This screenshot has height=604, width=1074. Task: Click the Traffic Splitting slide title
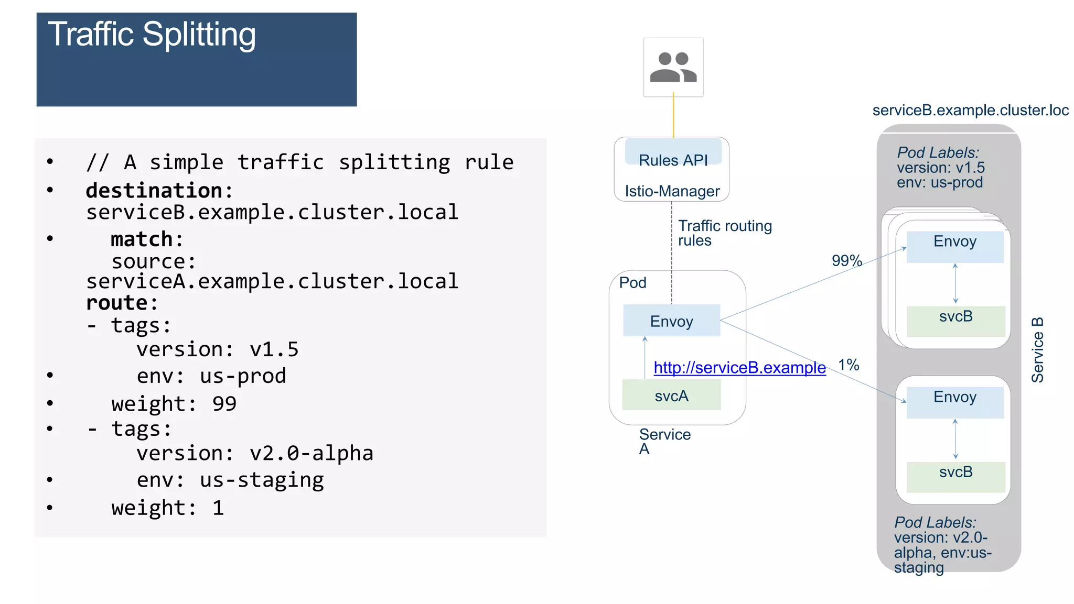(x=152, y=35)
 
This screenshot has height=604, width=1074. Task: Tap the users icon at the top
(x=673, y=67)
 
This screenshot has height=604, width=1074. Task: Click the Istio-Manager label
(x=672, y=191)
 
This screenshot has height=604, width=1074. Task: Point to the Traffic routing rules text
(x=724, y=233)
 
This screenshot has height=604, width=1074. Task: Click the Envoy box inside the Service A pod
(x=671, y=321)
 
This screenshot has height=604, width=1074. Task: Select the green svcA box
(x=671, y=396)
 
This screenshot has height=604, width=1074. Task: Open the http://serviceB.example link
(x=739, y=368)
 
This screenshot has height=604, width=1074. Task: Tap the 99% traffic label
(x=846, y=260)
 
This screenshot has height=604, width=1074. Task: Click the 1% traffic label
(x=848, y=365)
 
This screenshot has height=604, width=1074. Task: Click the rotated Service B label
(x=1037, y=350)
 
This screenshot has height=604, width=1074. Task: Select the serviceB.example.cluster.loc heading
(x=970, y=111)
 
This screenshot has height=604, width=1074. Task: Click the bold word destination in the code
(x=154, y=191)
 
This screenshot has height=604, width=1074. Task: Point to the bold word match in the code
(x=141, y=239)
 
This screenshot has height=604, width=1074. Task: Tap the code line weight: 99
(x=174, y=404)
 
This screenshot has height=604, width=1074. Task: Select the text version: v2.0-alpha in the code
(x=255, y=453)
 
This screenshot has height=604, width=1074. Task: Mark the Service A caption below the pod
(x=664, y=441)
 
